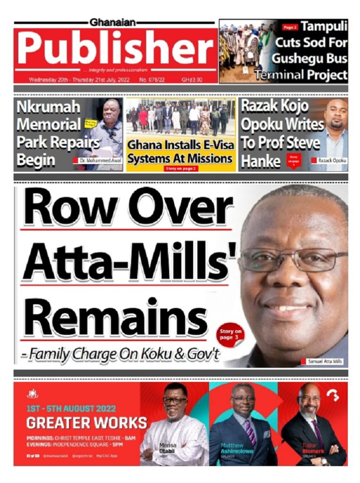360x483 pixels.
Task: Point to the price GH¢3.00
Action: point(192,80)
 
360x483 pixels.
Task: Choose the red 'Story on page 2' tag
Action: point(181,168)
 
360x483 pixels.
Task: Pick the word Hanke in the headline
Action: point(261,161)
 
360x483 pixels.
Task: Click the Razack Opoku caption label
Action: point(332,161)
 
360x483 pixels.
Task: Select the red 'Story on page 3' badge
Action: point(230,334)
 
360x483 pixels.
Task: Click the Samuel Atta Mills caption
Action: point(325,362)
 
